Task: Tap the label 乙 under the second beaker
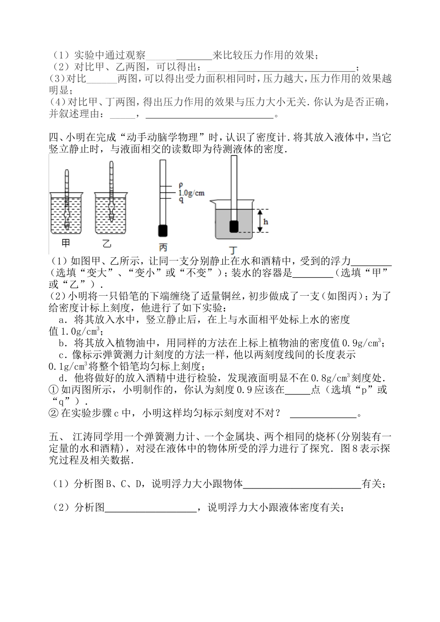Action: (107, 243)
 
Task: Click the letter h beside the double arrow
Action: (265, 222)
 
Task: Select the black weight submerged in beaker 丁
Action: (234, 226)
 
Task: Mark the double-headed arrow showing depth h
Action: (260, 221)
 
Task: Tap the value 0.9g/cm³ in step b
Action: (361, 343)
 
